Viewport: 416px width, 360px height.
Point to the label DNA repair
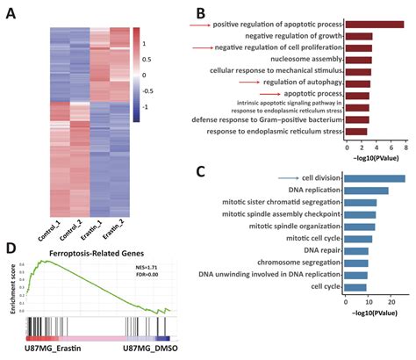click(x=319, y=250)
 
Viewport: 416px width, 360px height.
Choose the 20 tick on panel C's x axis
click(x=392, y=300)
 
